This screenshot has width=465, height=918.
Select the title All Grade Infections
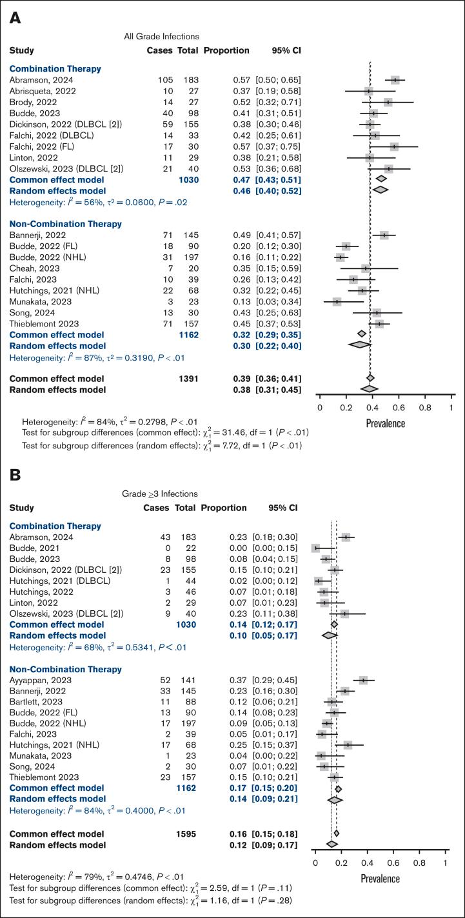click(x=161, y=36)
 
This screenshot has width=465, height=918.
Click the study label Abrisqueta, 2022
click(x=43, y=91)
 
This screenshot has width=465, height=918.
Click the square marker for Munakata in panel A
click(x=337, y=301)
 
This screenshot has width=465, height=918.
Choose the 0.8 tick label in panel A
click(x=425, y=408)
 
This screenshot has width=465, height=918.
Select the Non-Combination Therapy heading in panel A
click(x=57, y=224)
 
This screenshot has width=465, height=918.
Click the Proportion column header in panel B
click(x=224, y=508)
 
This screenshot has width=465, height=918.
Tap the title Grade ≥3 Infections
click(x=160, y=494)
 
